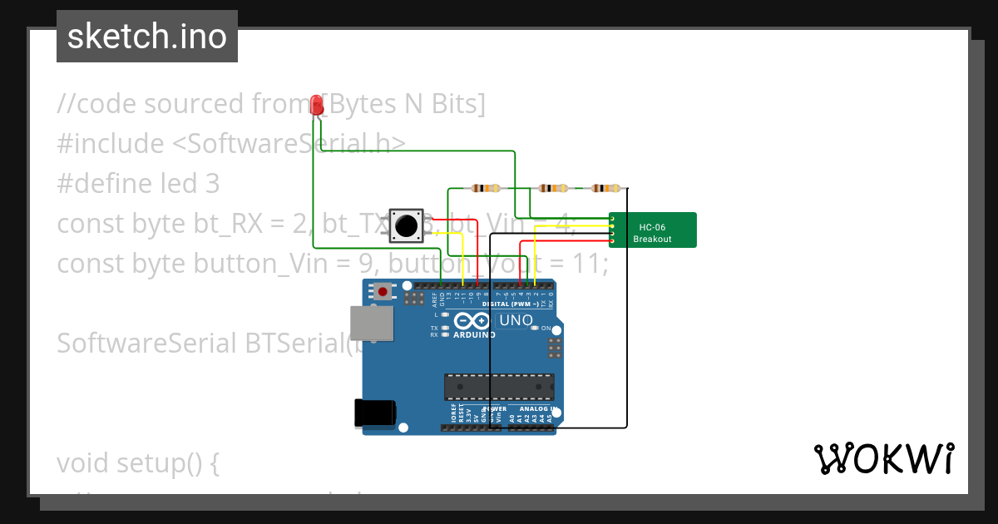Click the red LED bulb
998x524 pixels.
316,105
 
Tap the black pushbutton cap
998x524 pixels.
407,225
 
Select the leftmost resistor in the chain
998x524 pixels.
486,188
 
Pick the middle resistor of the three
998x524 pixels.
554,188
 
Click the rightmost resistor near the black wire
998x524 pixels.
605,188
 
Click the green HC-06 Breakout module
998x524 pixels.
653,230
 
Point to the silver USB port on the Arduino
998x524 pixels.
372,323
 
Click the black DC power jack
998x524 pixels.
374,413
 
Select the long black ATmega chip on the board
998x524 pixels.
499,387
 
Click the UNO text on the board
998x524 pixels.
516,320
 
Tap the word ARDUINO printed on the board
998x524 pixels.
475,335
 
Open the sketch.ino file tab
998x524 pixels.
147,37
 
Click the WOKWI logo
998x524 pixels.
884,459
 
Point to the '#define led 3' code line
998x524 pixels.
138,184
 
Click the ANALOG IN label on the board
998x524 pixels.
537,409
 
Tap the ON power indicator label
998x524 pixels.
546,329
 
